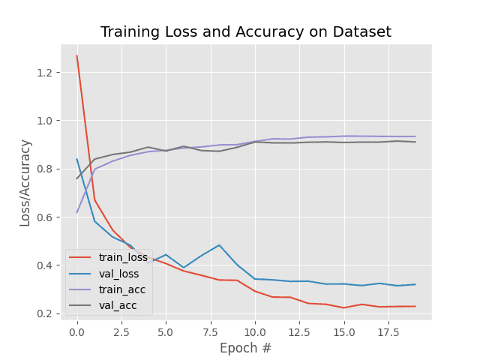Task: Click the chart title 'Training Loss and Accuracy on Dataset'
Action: coord(246,32)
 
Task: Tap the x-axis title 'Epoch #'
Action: coord(245,349)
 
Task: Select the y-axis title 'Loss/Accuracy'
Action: coord(25,182)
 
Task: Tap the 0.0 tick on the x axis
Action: coord(76,330)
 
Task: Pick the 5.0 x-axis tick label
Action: coord(166,330)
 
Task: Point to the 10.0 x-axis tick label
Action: coord(255,330)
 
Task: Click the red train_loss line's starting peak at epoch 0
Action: coord(76,55)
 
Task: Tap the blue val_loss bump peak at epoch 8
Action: coord(219,245)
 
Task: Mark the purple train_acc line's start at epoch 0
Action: coord(76,212)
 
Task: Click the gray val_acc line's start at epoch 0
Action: coord(76,178)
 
